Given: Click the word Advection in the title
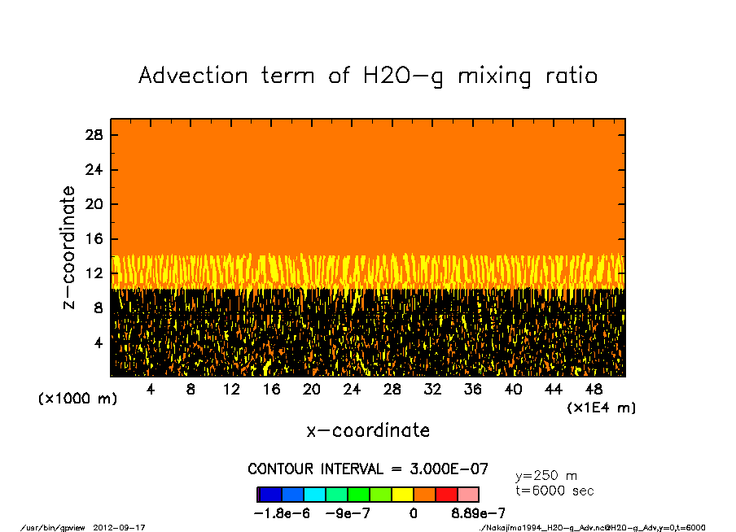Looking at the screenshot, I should [193, 76].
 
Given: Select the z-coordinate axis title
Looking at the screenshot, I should [69, 247].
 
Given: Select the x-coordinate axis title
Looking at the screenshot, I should [368, 430].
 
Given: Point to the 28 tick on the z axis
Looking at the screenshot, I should [94, 136].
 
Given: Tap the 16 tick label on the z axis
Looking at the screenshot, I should [94, 239].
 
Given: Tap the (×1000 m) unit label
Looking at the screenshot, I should [77, 399].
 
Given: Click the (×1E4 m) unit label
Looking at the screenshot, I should [602, 408].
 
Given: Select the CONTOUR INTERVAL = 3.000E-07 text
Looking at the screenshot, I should [368, 469].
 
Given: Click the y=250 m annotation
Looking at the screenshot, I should [546, 476].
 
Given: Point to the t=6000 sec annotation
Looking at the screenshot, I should [554, 491].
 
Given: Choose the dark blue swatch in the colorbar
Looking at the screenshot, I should [270, 494].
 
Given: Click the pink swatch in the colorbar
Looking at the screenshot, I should [467, 494].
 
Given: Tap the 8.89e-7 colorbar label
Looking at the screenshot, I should [479, 513].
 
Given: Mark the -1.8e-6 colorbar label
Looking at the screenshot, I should [282, 513].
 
